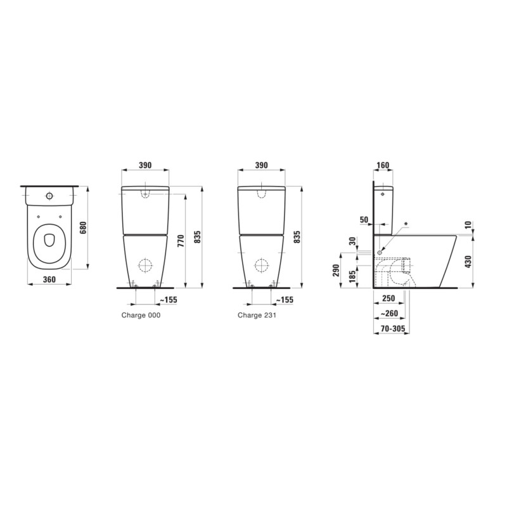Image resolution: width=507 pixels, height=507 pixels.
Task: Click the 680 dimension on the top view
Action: click(83, 228)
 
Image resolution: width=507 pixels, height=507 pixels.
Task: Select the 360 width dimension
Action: click(49, 279)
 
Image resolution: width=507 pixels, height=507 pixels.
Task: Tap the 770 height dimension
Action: click(181, 241)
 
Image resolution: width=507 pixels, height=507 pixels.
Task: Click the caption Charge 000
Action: click(141, 315)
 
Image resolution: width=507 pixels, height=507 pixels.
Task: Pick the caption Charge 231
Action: click(257, 315)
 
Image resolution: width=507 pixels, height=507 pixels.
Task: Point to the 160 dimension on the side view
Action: click(383, 165)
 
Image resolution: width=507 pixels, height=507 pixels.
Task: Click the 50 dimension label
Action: click(364, 220)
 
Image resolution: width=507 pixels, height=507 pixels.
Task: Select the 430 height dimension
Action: click(469, 262)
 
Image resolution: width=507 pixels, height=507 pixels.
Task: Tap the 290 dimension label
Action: click(336, 271)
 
